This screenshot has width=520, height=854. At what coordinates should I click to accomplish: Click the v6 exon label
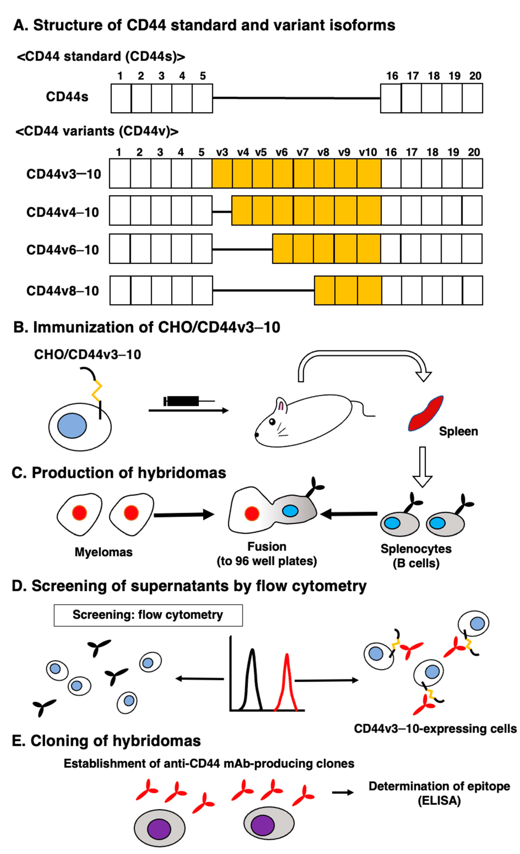tap(282, 152)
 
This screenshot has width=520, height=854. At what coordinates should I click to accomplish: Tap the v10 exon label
tap(368, 152)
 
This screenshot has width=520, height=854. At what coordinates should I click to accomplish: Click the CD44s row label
tap(67, 97)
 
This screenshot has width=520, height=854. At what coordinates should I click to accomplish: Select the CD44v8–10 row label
tap(63, 290)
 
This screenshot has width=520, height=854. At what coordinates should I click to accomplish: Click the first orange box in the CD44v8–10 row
tap(324, 290)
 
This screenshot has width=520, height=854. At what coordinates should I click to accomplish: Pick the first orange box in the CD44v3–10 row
tap(222, 174)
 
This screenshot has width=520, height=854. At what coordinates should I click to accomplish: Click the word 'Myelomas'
tap(103, 552)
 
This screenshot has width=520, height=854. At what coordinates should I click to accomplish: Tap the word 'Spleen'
tap(458, 431)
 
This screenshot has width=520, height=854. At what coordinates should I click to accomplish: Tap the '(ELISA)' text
tap(439, 801)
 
